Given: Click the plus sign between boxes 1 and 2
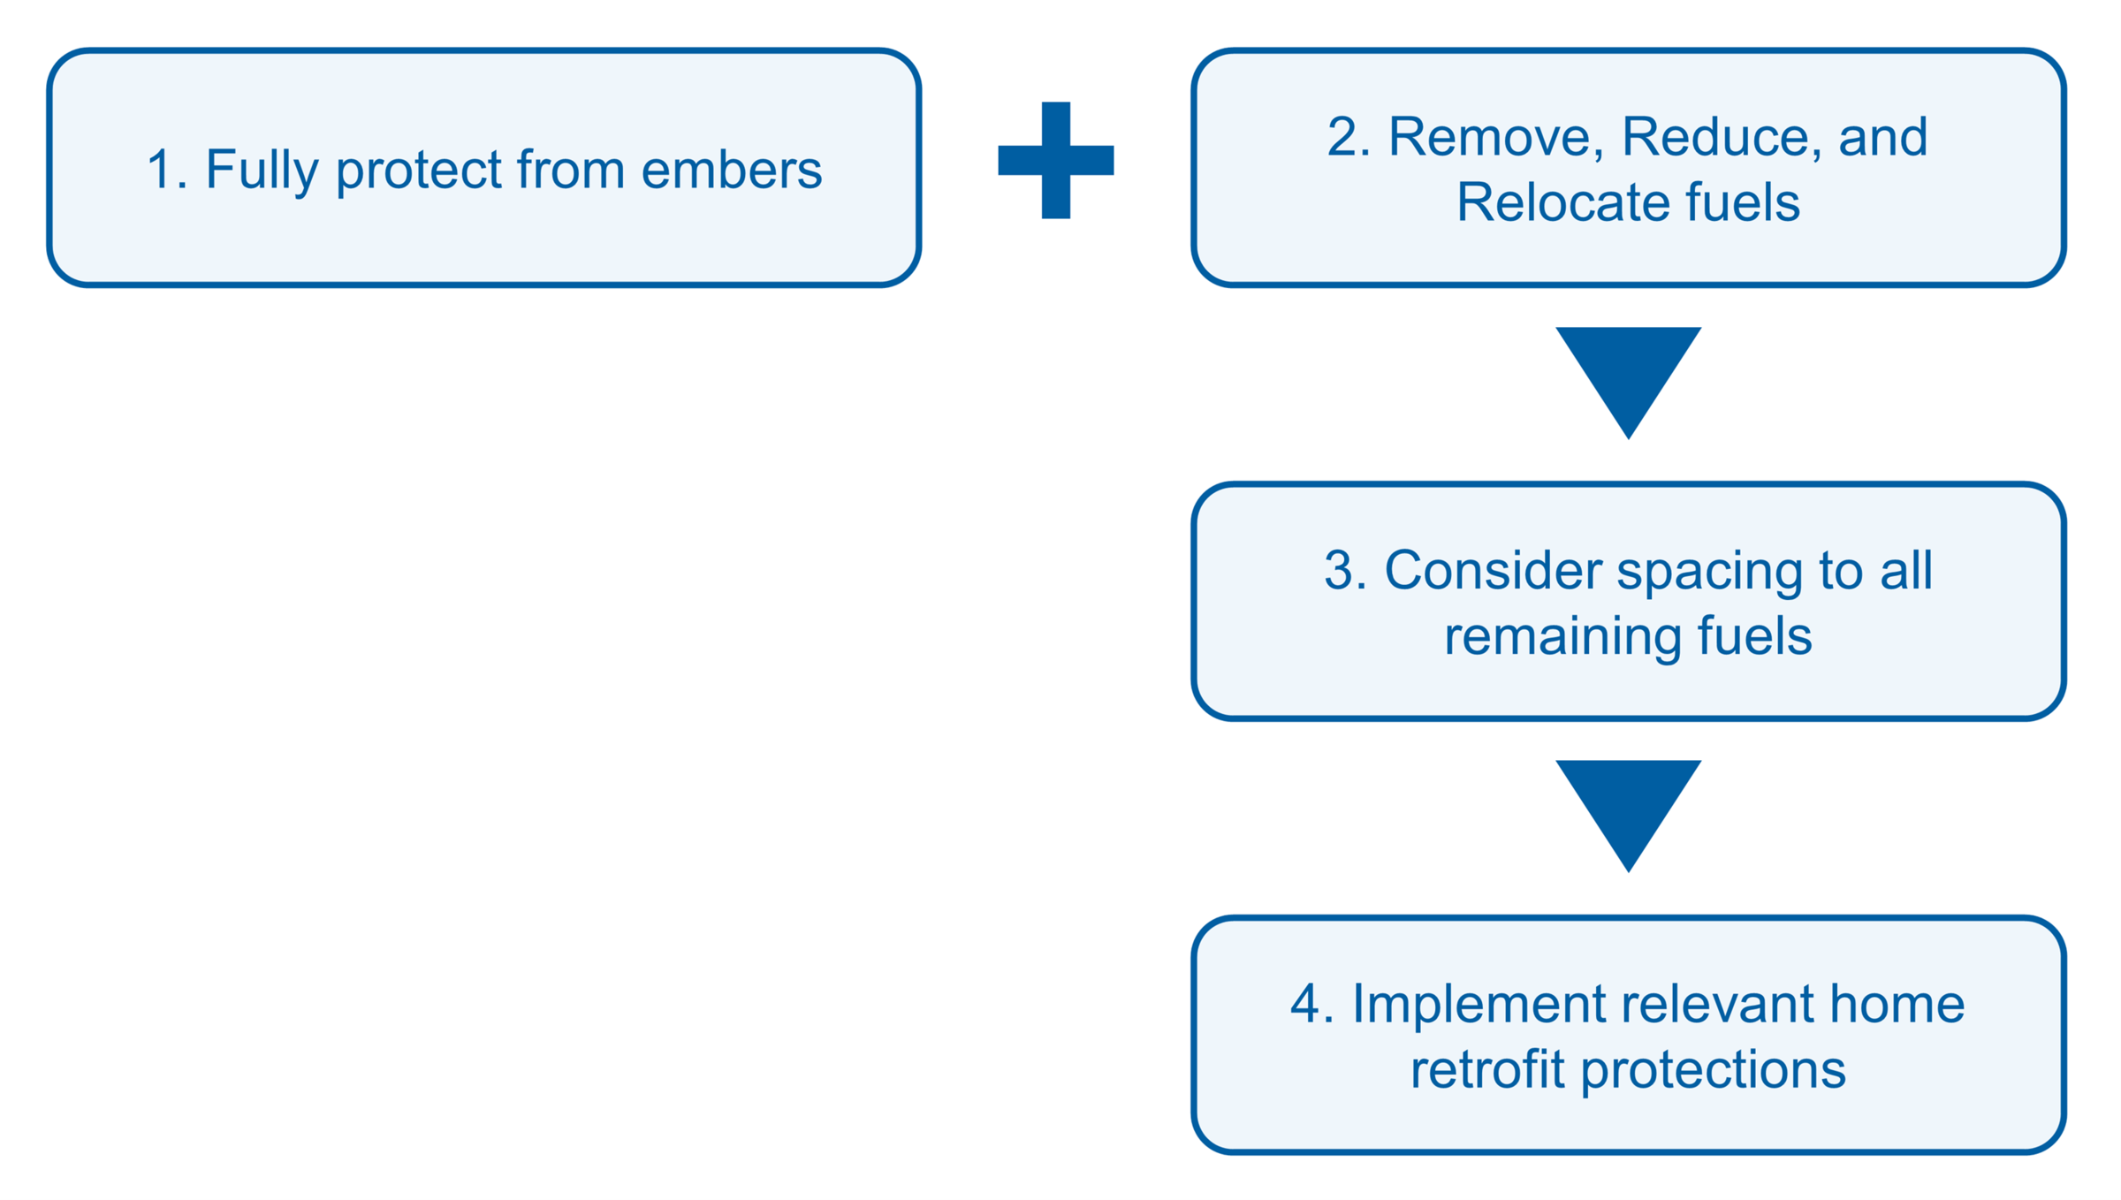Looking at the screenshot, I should [1055, 160].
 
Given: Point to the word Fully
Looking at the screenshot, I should [262, 171].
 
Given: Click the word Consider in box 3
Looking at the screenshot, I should [1492, 570].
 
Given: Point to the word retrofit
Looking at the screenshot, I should [1486, 1069].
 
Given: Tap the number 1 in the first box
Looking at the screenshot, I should [160, 170].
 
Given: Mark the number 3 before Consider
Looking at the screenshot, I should [1340, 571].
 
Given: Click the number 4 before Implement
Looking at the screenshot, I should [1305, 1005].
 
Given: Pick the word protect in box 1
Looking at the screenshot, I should [418, 171].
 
